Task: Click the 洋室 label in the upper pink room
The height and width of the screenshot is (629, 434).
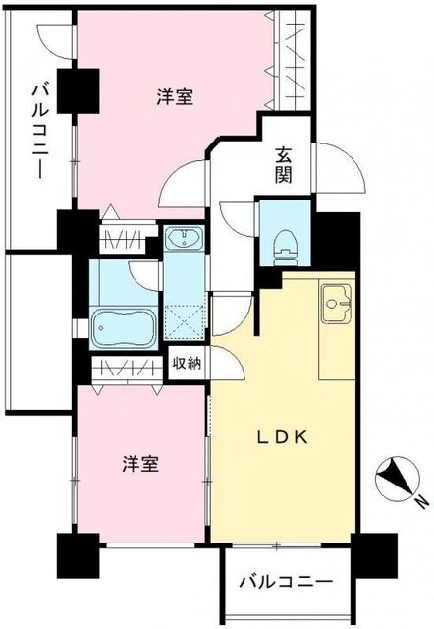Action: click(x=174, y=96)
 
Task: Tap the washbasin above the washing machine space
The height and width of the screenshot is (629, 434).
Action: click(x=183, y=239)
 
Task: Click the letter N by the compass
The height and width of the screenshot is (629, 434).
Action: click(x=420, y=505)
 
